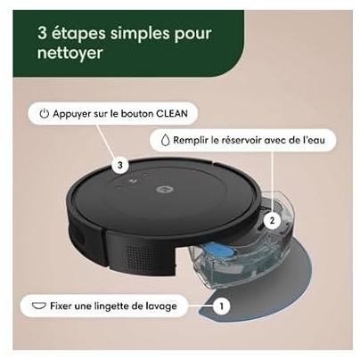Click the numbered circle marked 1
[221, 306]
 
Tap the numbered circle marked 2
[272, 221]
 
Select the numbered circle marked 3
[120, 165]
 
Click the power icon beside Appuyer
[45, 114]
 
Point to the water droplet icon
[165, 140]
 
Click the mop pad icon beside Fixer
[39, 306]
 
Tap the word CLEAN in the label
[172, 113]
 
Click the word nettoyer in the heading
[70, 53]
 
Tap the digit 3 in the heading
[43, 33]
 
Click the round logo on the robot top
[162, 189]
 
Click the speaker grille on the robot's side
[140, 255]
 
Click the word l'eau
[314, 140]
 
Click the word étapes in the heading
[78, 34]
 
